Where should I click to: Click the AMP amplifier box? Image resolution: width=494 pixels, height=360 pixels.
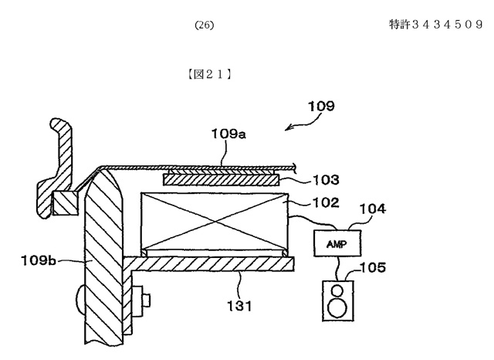pyautogui.click(x=337, y=243)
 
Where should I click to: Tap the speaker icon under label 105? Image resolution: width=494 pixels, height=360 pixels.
pyautogui.click(x=338, y=301)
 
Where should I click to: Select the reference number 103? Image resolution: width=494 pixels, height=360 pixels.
pyautogui.click(x=326, y=180)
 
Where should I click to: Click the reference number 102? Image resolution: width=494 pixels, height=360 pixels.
pyautogui.click(x=326, y=202)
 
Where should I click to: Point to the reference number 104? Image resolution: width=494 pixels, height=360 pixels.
pyautogui.click(x=372, y=209)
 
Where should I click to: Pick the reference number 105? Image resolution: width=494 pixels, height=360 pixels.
pyautogui.click(x=373, y=267)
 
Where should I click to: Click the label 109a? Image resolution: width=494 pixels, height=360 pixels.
pyautogui.click(x=228, y=134)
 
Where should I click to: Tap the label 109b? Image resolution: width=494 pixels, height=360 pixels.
pyautogui.click(x=39, y=260)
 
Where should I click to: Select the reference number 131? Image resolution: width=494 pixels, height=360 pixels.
pyautogui.click(x=239, y=306)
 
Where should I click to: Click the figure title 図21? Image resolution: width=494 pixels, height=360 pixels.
pyautogui.click(x=209, y=74)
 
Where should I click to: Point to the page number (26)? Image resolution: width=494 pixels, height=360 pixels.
pyautogui.click(x=204, y=25)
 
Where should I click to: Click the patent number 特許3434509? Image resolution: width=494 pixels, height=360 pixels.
pyautogui.click(x=436, y=24)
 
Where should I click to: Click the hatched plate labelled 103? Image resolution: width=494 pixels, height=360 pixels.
pyautogui.click(x=221, y=180)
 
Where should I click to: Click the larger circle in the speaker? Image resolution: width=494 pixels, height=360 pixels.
pyautogui.click(x=337, y=307)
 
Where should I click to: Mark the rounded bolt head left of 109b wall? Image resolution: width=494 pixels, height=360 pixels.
pyautogui.click(x=80, y=299)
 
